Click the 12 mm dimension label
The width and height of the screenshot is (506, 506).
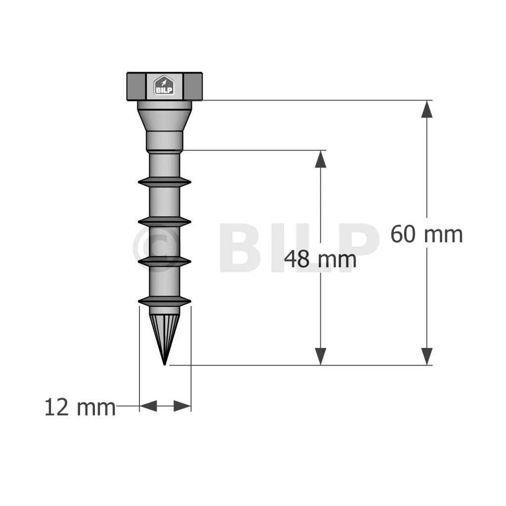pos(80,407)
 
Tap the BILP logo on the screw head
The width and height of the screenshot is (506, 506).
pos(164,85)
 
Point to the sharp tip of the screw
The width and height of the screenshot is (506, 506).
pos(165,365)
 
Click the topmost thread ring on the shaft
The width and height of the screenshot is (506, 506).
pos(165,182)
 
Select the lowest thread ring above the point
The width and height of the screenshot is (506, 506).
pos(165,301)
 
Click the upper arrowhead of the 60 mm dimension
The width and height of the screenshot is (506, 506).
pos(426,109)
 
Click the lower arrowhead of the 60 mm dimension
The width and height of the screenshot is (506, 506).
pos(426,357)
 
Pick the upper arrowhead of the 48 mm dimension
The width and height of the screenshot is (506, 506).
pos(320,159)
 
